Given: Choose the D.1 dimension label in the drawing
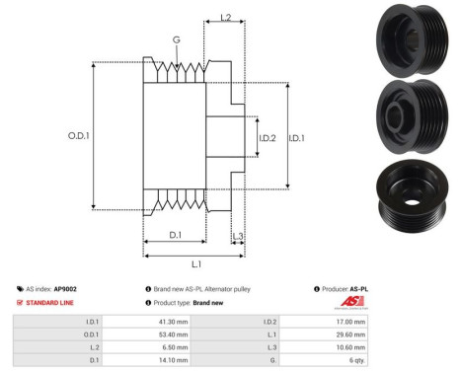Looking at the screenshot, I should [x=174, y=234].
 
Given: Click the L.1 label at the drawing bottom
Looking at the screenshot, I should [x=195, y=263].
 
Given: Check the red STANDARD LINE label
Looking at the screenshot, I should [x=53, y=304].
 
